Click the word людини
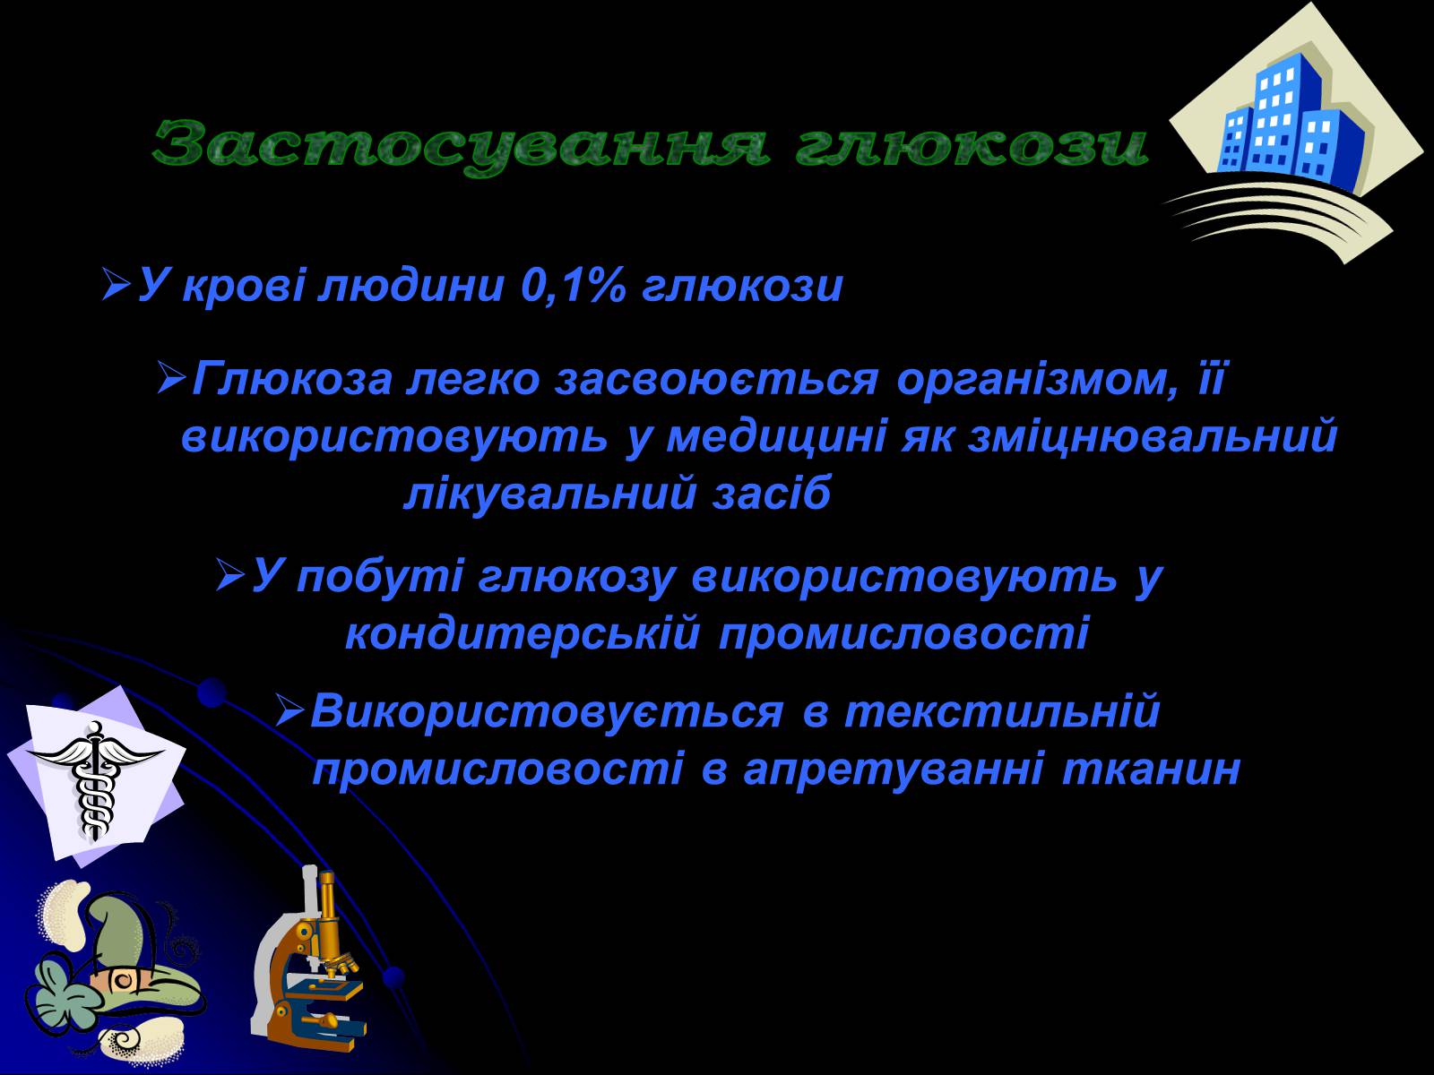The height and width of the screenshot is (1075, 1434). click(x=410, y=288)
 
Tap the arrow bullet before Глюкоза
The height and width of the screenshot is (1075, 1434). click(x=172, y=379)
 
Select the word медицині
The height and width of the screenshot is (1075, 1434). click(x=776, y=438)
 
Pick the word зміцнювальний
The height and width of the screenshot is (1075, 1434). click(x=1153, y=436)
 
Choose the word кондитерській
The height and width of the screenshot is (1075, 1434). click(x=523, y=634)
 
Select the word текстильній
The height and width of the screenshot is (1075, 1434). click(x=1002, y=710)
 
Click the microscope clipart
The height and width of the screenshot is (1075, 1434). click(x=307, y=959)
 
